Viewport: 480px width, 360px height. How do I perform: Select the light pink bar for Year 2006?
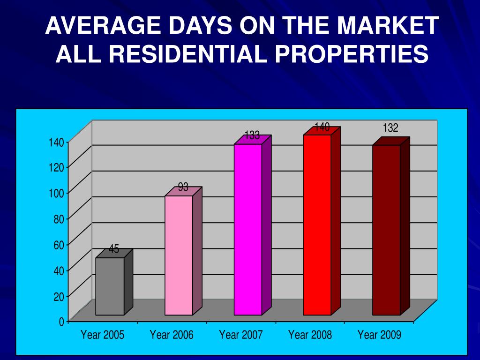(x=179, y=255)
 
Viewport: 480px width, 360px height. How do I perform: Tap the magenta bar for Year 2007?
(x=247, y=229)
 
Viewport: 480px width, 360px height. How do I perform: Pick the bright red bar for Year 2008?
(x=317, y=225)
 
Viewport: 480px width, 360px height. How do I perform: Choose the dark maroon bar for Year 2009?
(x=386, y=230)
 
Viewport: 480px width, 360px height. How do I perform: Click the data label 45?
(x=114, y=249)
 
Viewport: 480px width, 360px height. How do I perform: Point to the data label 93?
(x=183, y=187)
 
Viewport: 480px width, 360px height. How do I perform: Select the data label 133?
(x=252, y=135)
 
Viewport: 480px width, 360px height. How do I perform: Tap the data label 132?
(x=390, y=128)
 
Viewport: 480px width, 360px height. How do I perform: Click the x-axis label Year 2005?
(x=102, y=335)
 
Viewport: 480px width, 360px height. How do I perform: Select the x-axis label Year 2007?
(x=241, y=335)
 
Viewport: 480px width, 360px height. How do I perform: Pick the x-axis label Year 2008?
(x=310, y=335)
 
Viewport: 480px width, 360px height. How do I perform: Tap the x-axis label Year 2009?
(x=379, y=335)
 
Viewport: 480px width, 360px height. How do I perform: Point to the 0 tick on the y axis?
(x=61, y=322)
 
